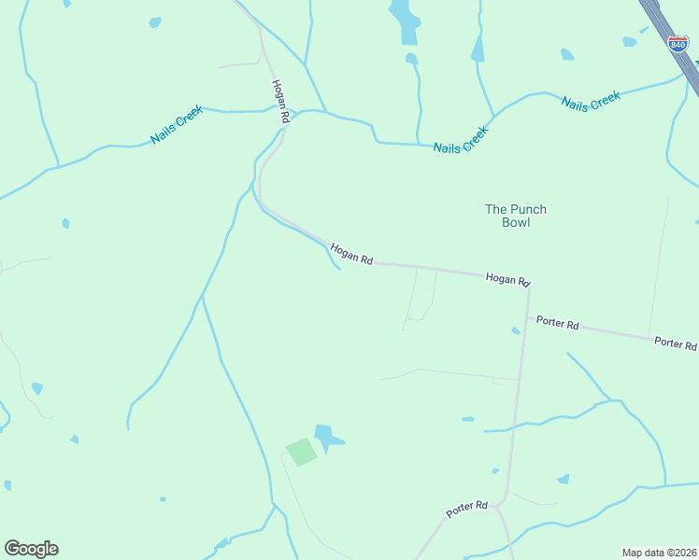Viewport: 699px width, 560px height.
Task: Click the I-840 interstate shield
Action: point(678,43)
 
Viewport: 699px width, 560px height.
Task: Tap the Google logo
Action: point(31,549)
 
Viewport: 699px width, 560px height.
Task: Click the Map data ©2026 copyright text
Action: point(659,552)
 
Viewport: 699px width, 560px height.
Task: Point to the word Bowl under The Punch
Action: point(516,222)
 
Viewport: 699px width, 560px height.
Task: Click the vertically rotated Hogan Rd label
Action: point(278,100)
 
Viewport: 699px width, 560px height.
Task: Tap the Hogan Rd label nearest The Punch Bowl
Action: point(507,279)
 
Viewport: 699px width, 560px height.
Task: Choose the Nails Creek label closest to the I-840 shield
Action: point(591,100)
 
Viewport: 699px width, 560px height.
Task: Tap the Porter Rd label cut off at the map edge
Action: point(676,343)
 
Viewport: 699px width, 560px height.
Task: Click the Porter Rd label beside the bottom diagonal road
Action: point(467,509)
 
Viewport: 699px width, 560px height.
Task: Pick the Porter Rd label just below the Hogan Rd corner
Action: point(558,324)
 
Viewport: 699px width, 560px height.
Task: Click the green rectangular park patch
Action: point(301,452)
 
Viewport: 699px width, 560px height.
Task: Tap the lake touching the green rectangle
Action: point(327,437)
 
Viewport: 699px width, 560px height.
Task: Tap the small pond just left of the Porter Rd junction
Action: point(515,330)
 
